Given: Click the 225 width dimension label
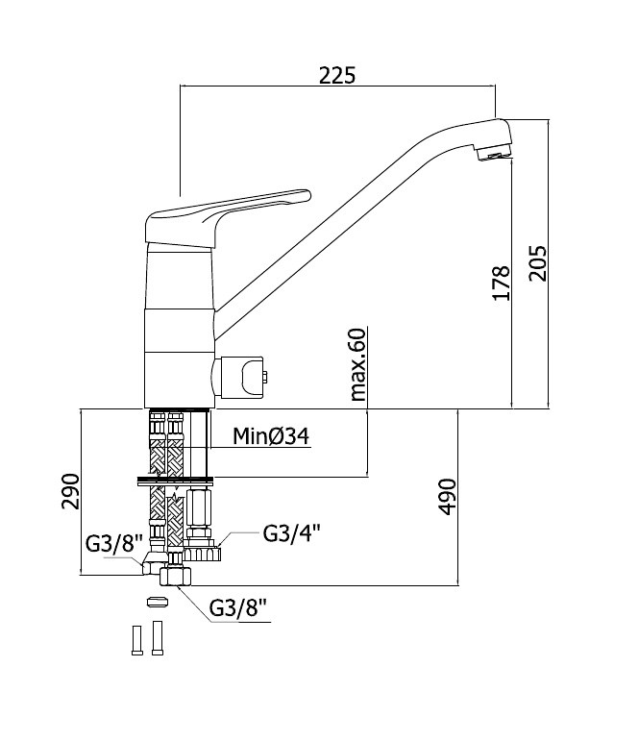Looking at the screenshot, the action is click(337, 75).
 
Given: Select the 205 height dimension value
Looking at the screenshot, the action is click(537, 263).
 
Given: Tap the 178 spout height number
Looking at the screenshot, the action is click(501, 284).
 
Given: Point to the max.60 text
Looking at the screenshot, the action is click(357, 364).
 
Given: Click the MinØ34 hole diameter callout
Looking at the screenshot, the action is click(271, 435).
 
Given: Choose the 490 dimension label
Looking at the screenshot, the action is click(447, 497).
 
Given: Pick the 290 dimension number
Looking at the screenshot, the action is click(70, 491).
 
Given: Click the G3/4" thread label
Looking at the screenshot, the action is click(291, 533).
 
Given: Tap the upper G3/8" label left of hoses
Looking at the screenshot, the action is click(114, 544).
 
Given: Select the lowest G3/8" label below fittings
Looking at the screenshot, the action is click(238, 608).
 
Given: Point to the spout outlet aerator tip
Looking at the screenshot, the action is click(494, 155).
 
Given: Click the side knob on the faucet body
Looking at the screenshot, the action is click(240, 377).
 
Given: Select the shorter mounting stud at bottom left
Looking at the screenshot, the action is click(137, 640).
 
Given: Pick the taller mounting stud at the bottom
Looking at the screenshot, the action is click(158, 638).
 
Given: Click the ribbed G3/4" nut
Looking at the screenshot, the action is click(202, 554).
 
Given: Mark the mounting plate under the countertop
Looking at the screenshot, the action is click(175, 482).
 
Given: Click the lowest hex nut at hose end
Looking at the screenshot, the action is click(175, 576).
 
